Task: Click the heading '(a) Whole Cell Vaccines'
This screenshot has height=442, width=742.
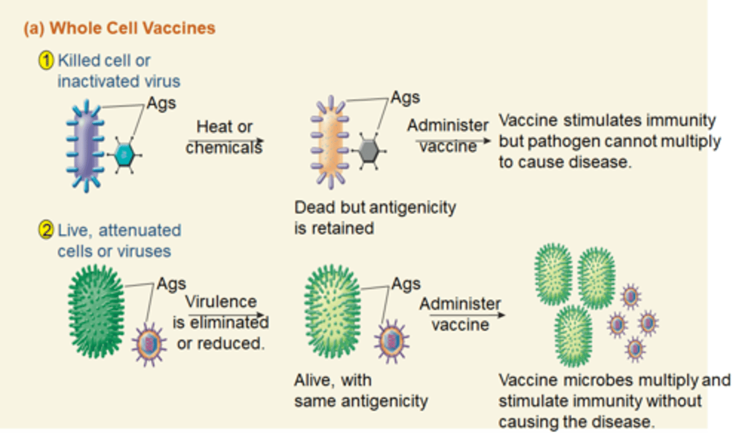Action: point(120,28)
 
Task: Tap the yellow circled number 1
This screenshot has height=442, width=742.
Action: point(46,61)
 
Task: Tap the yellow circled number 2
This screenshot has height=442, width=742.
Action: point(46,230)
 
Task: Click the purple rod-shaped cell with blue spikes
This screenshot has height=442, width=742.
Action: point(86,146)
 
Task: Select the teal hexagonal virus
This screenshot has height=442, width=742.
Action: point(125,155)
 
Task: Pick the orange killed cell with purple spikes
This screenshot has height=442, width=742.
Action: point(330,142)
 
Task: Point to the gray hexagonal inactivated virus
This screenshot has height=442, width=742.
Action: point(369,151)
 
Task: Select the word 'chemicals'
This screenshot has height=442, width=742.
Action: point(224,148)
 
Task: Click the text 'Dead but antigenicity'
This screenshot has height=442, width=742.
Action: point(375,208)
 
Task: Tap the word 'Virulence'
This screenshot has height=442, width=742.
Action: point(221,301)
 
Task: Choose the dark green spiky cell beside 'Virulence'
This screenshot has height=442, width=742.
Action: point(96,311)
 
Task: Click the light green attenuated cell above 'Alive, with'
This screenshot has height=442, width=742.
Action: point(332,311)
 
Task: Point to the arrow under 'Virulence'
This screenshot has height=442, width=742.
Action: point(227,315)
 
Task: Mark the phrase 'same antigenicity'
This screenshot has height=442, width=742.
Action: point(361,401)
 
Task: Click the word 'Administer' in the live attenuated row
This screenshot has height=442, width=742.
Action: point(460,304)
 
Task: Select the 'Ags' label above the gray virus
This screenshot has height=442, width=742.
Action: point(406,97)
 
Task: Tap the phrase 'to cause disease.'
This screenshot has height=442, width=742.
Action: point(565,162)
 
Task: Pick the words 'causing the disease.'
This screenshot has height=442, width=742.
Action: point(577,422)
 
